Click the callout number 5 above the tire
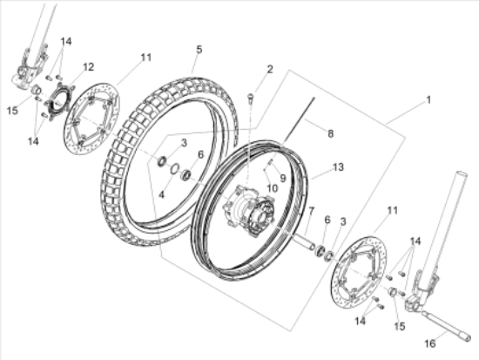[199, 49]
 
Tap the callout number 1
[428, 99]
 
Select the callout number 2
[269, 70]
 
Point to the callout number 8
[330, 133]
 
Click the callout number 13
[338, 167]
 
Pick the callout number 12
[88, 67]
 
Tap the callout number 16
[430, 343]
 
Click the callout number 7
[311, 211]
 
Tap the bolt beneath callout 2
[250, 98]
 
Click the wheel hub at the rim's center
[249, 212]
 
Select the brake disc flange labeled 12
[59, 98]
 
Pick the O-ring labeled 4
[174, 168]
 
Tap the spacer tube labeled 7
[303, 241]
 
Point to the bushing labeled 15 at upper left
[37, 90]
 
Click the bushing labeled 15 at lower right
[393, 292]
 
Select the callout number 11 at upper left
[146, 58]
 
